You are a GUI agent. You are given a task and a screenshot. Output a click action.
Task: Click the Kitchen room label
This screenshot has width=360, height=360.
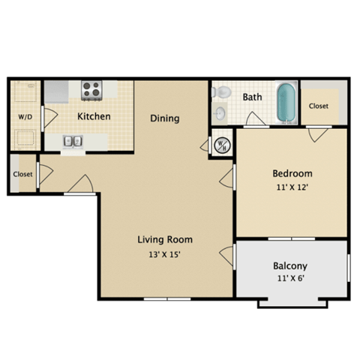(94, 116)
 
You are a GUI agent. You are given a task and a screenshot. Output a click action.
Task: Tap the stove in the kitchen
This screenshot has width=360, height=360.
(91, 90)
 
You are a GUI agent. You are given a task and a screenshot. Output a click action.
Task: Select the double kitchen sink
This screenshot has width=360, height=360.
(73, 140)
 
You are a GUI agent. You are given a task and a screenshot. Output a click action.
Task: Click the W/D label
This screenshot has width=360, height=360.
(25, 116)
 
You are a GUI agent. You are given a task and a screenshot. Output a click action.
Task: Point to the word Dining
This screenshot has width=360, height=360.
(164, 118)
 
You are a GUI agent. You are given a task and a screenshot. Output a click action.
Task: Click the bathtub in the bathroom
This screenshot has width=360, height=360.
(286, 103)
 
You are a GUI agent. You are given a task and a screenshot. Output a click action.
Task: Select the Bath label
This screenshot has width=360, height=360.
(252, 97)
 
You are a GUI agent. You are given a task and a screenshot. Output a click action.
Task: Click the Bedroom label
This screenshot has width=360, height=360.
(292, 174)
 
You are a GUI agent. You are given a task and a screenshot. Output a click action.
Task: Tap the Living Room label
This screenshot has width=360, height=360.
(164, 240)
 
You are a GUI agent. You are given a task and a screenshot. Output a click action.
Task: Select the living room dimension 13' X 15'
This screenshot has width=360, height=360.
(164, 253)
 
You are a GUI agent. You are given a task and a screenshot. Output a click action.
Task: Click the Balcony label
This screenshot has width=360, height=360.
(289, 266)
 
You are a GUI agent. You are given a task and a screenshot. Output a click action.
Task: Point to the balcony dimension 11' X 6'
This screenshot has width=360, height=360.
(289, 279)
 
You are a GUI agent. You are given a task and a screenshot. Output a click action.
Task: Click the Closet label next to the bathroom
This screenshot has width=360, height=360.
(319, 106)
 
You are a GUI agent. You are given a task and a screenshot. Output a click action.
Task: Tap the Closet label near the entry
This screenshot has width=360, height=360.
(22, 174)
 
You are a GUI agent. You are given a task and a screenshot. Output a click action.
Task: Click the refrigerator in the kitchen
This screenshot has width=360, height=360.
(56, 91)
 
